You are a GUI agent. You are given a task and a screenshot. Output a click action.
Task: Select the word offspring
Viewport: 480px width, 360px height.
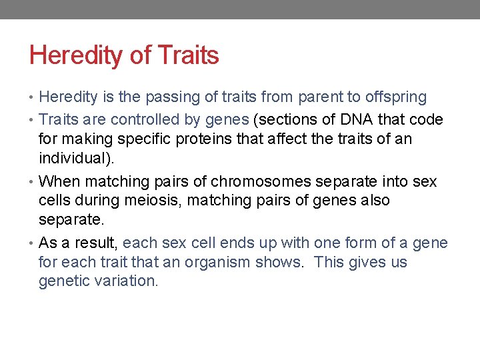tap(395, 97)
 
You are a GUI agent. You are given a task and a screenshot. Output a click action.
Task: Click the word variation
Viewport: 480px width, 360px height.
tap(127, 281)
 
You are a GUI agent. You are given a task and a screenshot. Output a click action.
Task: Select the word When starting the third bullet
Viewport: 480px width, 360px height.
tap(59, 181)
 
